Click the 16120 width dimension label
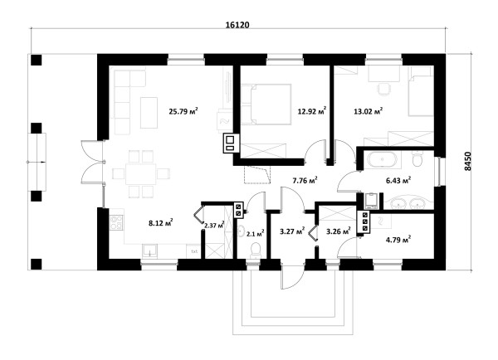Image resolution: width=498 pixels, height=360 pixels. click(x=237, y=25)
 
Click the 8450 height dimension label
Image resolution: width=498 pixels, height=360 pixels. click(x=468, y=162)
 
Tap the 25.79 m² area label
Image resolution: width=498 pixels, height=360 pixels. click(x=183, y=111)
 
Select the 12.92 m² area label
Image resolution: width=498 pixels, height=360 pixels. click(x=312, y=111)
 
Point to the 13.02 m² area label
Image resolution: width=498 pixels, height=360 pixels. click(x=368, y=111)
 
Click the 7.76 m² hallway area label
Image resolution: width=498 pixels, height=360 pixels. click(x=305, y=181)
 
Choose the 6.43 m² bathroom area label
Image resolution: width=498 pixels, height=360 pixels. click(x=398, y=180)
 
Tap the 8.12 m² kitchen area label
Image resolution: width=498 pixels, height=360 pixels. click(x=161, y=222)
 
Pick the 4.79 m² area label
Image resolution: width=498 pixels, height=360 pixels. click(x=398, y=240)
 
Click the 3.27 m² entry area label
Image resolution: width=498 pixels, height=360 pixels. click(x=292, y=231)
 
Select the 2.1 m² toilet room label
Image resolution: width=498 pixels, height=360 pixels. click(x=256, y=234)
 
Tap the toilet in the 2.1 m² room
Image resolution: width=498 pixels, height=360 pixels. click(x=256, y=250)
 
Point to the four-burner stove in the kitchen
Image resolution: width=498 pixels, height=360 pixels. click(x=116, y=222)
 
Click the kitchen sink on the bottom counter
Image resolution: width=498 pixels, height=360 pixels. click(x=149, y=251)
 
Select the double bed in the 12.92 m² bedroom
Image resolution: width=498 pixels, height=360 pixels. click(x=266, y=105)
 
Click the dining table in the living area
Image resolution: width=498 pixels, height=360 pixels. click(x=141, y=174)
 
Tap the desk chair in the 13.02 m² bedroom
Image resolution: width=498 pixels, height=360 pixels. click(x=383, y=89)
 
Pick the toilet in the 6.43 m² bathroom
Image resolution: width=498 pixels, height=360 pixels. click(x=417, y=158)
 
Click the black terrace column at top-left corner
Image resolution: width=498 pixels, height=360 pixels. click(x=37, y=60)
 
